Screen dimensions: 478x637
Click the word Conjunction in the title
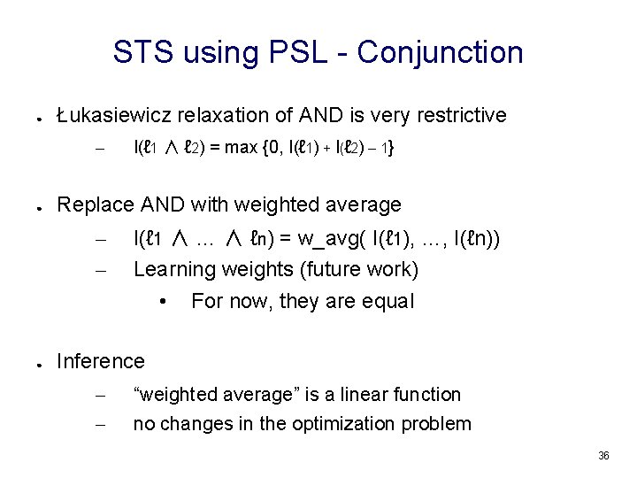coord(441,53)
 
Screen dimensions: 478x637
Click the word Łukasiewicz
coord(114,115)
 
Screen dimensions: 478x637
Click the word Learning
coord(173,268)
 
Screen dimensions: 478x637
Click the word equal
coord(385,301)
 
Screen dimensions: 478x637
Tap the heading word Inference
coord(100,361)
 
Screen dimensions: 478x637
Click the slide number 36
coord(603,455)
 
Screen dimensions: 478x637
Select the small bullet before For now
coord(164,302)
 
